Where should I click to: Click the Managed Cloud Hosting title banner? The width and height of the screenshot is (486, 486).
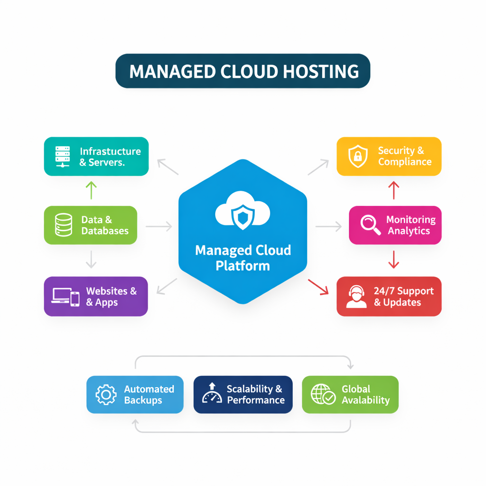243,71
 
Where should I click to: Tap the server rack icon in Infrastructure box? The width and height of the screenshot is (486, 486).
63,157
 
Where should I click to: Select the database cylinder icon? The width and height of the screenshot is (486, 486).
64,225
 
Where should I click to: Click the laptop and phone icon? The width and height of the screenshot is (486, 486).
65,297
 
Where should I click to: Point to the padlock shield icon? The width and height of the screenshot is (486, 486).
357,157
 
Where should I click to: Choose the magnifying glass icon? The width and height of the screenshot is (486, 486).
370,225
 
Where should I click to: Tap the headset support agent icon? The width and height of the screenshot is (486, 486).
356,297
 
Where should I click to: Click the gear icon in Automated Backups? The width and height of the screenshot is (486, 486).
106,394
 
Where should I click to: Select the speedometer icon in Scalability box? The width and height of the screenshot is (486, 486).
212,394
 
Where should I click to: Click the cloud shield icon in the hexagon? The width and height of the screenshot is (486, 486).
243,212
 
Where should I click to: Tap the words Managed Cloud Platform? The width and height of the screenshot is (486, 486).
243,258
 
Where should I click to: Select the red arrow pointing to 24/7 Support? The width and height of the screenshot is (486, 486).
318,287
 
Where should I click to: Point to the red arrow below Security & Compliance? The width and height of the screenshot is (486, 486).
393,190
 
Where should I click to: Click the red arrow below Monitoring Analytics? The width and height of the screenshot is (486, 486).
393,259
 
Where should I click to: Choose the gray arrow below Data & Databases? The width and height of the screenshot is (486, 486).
91,259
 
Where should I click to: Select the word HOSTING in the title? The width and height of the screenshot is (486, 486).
314,71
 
